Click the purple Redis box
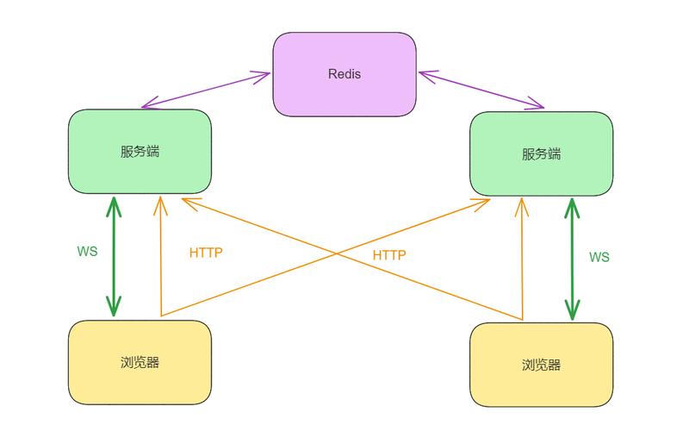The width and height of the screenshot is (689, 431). [344, 74]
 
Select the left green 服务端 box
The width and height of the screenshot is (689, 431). [140, 151]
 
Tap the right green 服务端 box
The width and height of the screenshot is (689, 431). [541, 154]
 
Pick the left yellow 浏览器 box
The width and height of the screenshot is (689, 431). [140, 362]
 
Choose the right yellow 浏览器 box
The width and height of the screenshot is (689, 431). [541, 365]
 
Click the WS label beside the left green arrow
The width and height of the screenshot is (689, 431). [87, 252]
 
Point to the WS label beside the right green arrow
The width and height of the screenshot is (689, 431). [599, 257]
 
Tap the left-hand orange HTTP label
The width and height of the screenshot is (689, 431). [206, 253]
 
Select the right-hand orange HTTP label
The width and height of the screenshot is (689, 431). [389, 255]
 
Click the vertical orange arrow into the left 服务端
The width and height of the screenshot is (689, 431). [160, 259]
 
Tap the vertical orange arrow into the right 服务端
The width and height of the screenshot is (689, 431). [521, 259]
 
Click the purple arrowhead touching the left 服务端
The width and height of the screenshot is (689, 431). [148, 107]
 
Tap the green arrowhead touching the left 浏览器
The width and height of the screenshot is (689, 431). [114, 309]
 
